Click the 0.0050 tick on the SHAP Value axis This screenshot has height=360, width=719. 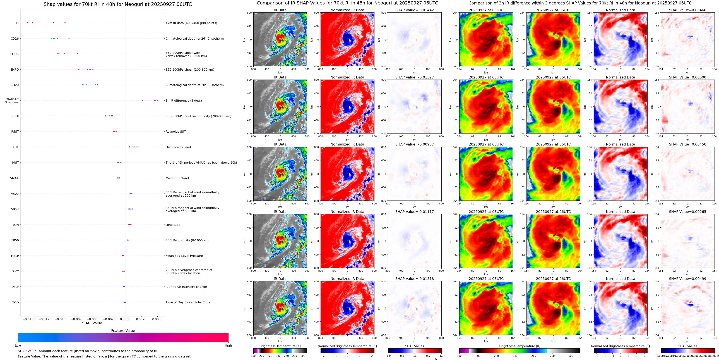coord(157,319)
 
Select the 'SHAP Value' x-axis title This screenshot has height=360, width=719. coord(92,323)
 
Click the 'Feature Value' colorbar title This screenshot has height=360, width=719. coord(123,331)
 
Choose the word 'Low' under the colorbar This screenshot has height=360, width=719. coord(18,345)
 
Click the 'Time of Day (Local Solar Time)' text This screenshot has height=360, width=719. coord(188,302)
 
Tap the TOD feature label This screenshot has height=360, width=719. coord(15,302)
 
